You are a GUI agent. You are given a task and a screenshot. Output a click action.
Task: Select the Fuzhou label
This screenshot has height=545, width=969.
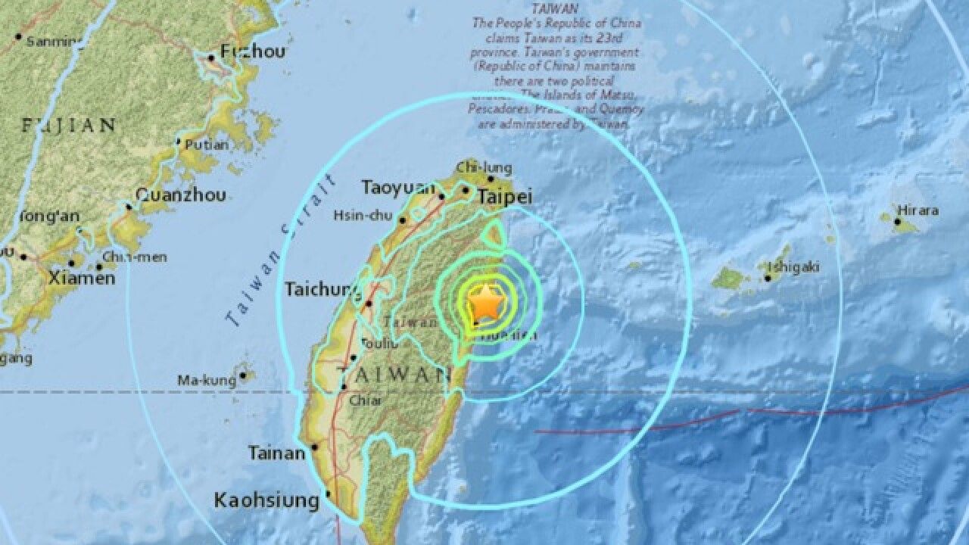(x=253, y=52)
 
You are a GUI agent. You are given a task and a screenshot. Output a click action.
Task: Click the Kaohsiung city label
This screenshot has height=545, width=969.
(x=266, y=500)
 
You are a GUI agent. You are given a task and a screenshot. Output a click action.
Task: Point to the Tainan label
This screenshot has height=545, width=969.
(x=277, y=453)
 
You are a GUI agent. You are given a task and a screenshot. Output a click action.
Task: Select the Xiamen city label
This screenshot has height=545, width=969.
(x=82, y=279)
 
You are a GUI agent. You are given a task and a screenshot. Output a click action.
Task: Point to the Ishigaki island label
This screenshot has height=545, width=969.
(x=793, y=266)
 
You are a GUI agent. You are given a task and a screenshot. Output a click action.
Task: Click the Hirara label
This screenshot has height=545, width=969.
(x=918, y=210)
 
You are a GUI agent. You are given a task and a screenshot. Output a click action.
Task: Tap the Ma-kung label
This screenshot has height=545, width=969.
(x=207, y=380)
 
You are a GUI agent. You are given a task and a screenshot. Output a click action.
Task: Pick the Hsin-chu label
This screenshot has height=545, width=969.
(x=363, y=216)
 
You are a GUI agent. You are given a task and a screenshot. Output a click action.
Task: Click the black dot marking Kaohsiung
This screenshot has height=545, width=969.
(x=329, y=495)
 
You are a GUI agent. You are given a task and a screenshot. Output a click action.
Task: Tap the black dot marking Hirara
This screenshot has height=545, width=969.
(x=897, y=222)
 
